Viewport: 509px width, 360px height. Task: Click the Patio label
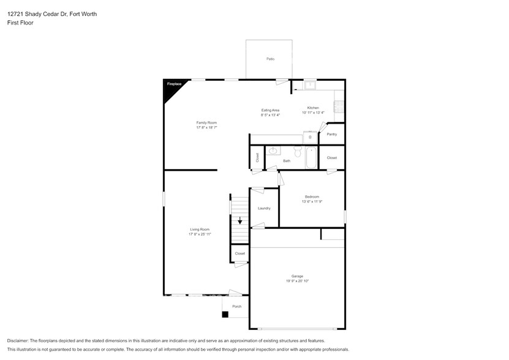[270, 59]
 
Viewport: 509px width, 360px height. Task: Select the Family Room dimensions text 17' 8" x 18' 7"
[206, 127]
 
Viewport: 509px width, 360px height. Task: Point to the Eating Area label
[270, 110]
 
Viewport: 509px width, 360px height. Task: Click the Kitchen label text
[312, 108]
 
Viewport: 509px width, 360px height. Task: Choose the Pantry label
[331, 134]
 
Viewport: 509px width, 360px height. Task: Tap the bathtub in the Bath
[311, 158]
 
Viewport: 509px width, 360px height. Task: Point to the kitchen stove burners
[339, 107]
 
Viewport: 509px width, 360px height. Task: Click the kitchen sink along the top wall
[310, 85]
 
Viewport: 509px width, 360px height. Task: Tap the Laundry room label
[264, 208]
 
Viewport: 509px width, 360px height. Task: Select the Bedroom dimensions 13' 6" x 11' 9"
[312, 201]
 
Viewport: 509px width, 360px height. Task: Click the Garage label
[297, 276]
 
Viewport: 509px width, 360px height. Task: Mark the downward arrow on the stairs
[239, 221]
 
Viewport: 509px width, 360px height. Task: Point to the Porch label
[236, 306]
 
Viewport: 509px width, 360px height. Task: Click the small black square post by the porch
[225, 315]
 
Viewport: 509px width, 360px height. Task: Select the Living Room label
[200, 230]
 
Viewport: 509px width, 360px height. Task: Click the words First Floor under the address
[20, 23]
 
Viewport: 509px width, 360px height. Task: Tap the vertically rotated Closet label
[257, 157]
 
